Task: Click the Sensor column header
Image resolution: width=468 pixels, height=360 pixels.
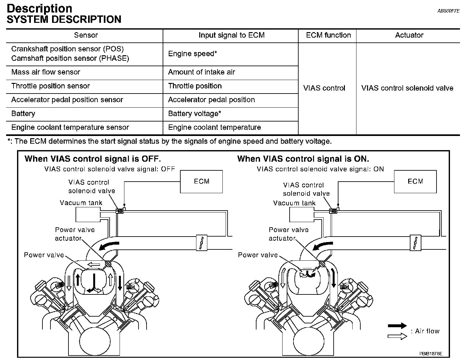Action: tap(86, 35)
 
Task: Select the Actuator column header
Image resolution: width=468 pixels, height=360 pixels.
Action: tap(409, 35)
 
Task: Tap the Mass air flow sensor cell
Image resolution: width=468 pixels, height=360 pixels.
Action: tap(46, 72)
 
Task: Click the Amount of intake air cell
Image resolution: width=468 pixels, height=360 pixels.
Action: tap(202, 72)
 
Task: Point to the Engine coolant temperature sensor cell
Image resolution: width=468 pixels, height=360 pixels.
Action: tap(70, 128)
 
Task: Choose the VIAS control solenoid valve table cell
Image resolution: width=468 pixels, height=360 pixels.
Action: tap(407, 88)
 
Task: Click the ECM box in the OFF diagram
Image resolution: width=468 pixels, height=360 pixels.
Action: tap(202, 182)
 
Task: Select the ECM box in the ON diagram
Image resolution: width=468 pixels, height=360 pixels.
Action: tap(415, 182)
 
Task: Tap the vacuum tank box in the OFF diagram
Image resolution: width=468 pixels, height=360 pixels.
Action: tap(87, 214)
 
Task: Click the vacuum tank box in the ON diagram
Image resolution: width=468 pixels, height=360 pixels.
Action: tap(301, 214)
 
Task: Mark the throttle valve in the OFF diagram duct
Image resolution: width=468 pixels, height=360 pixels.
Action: tap(201, 243)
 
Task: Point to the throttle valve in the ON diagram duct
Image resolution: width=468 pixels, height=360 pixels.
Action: tap(415, 243)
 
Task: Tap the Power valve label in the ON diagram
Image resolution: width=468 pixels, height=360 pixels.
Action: tap(258, 255)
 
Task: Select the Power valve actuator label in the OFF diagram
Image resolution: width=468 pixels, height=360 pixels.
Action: tap(75, 234)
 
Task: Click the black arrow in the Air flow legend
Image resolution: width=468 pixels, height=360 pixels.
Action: tap(397, 326)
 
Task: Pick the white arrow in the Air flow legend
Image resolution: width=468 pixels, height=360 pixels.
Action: tap(397, 336)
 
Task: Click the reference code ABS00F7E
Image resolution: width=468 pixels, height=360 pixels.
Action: tap(448, 11)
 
